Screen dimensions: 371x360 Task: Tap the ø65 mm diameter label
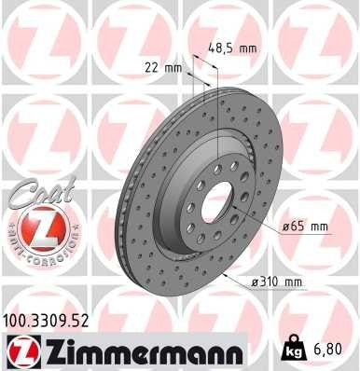(x=303, y=227)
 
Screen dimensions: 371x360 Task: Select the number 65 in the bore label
(x=297, y=227)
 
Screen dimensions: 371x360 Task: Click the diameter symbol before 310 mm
(x=257, y=282)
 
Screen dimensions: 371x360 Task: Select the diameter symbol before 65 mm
(x=284, y=227)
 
